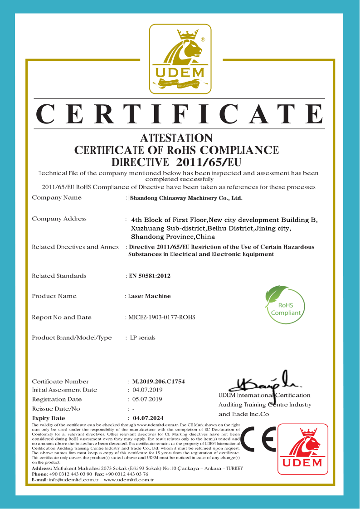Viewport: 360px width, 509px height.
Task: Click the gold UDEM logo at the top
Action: (180, 59)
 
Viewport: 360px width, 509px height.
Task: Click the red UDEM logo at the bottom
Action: (302, 449)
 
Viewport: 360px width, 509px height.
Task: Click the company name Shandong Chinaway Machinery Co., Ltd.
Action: (186, 198)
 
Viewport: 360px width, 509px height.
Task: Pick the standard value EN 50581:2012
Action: (150, 276)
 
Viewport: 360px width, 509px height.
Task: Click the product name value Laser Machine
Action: (150, 296)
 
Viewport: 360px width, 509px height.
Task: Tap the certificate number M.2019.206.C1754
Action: (158, 382)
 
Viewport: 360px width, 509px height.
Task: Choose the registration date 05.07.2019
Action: (147, 399)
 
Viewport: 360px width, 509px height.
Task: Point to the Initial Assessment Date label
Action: (64, 390)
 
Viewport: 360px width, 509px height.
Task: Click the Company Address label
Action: (59, 219)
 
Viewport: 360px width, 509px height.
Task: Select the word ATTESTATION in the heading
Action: (176, 137)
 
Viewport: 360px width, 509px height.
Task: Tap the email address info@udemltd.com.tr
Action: (74, 480)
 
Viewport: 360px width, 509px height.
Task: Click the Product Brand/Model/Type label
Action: (72, 338)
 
